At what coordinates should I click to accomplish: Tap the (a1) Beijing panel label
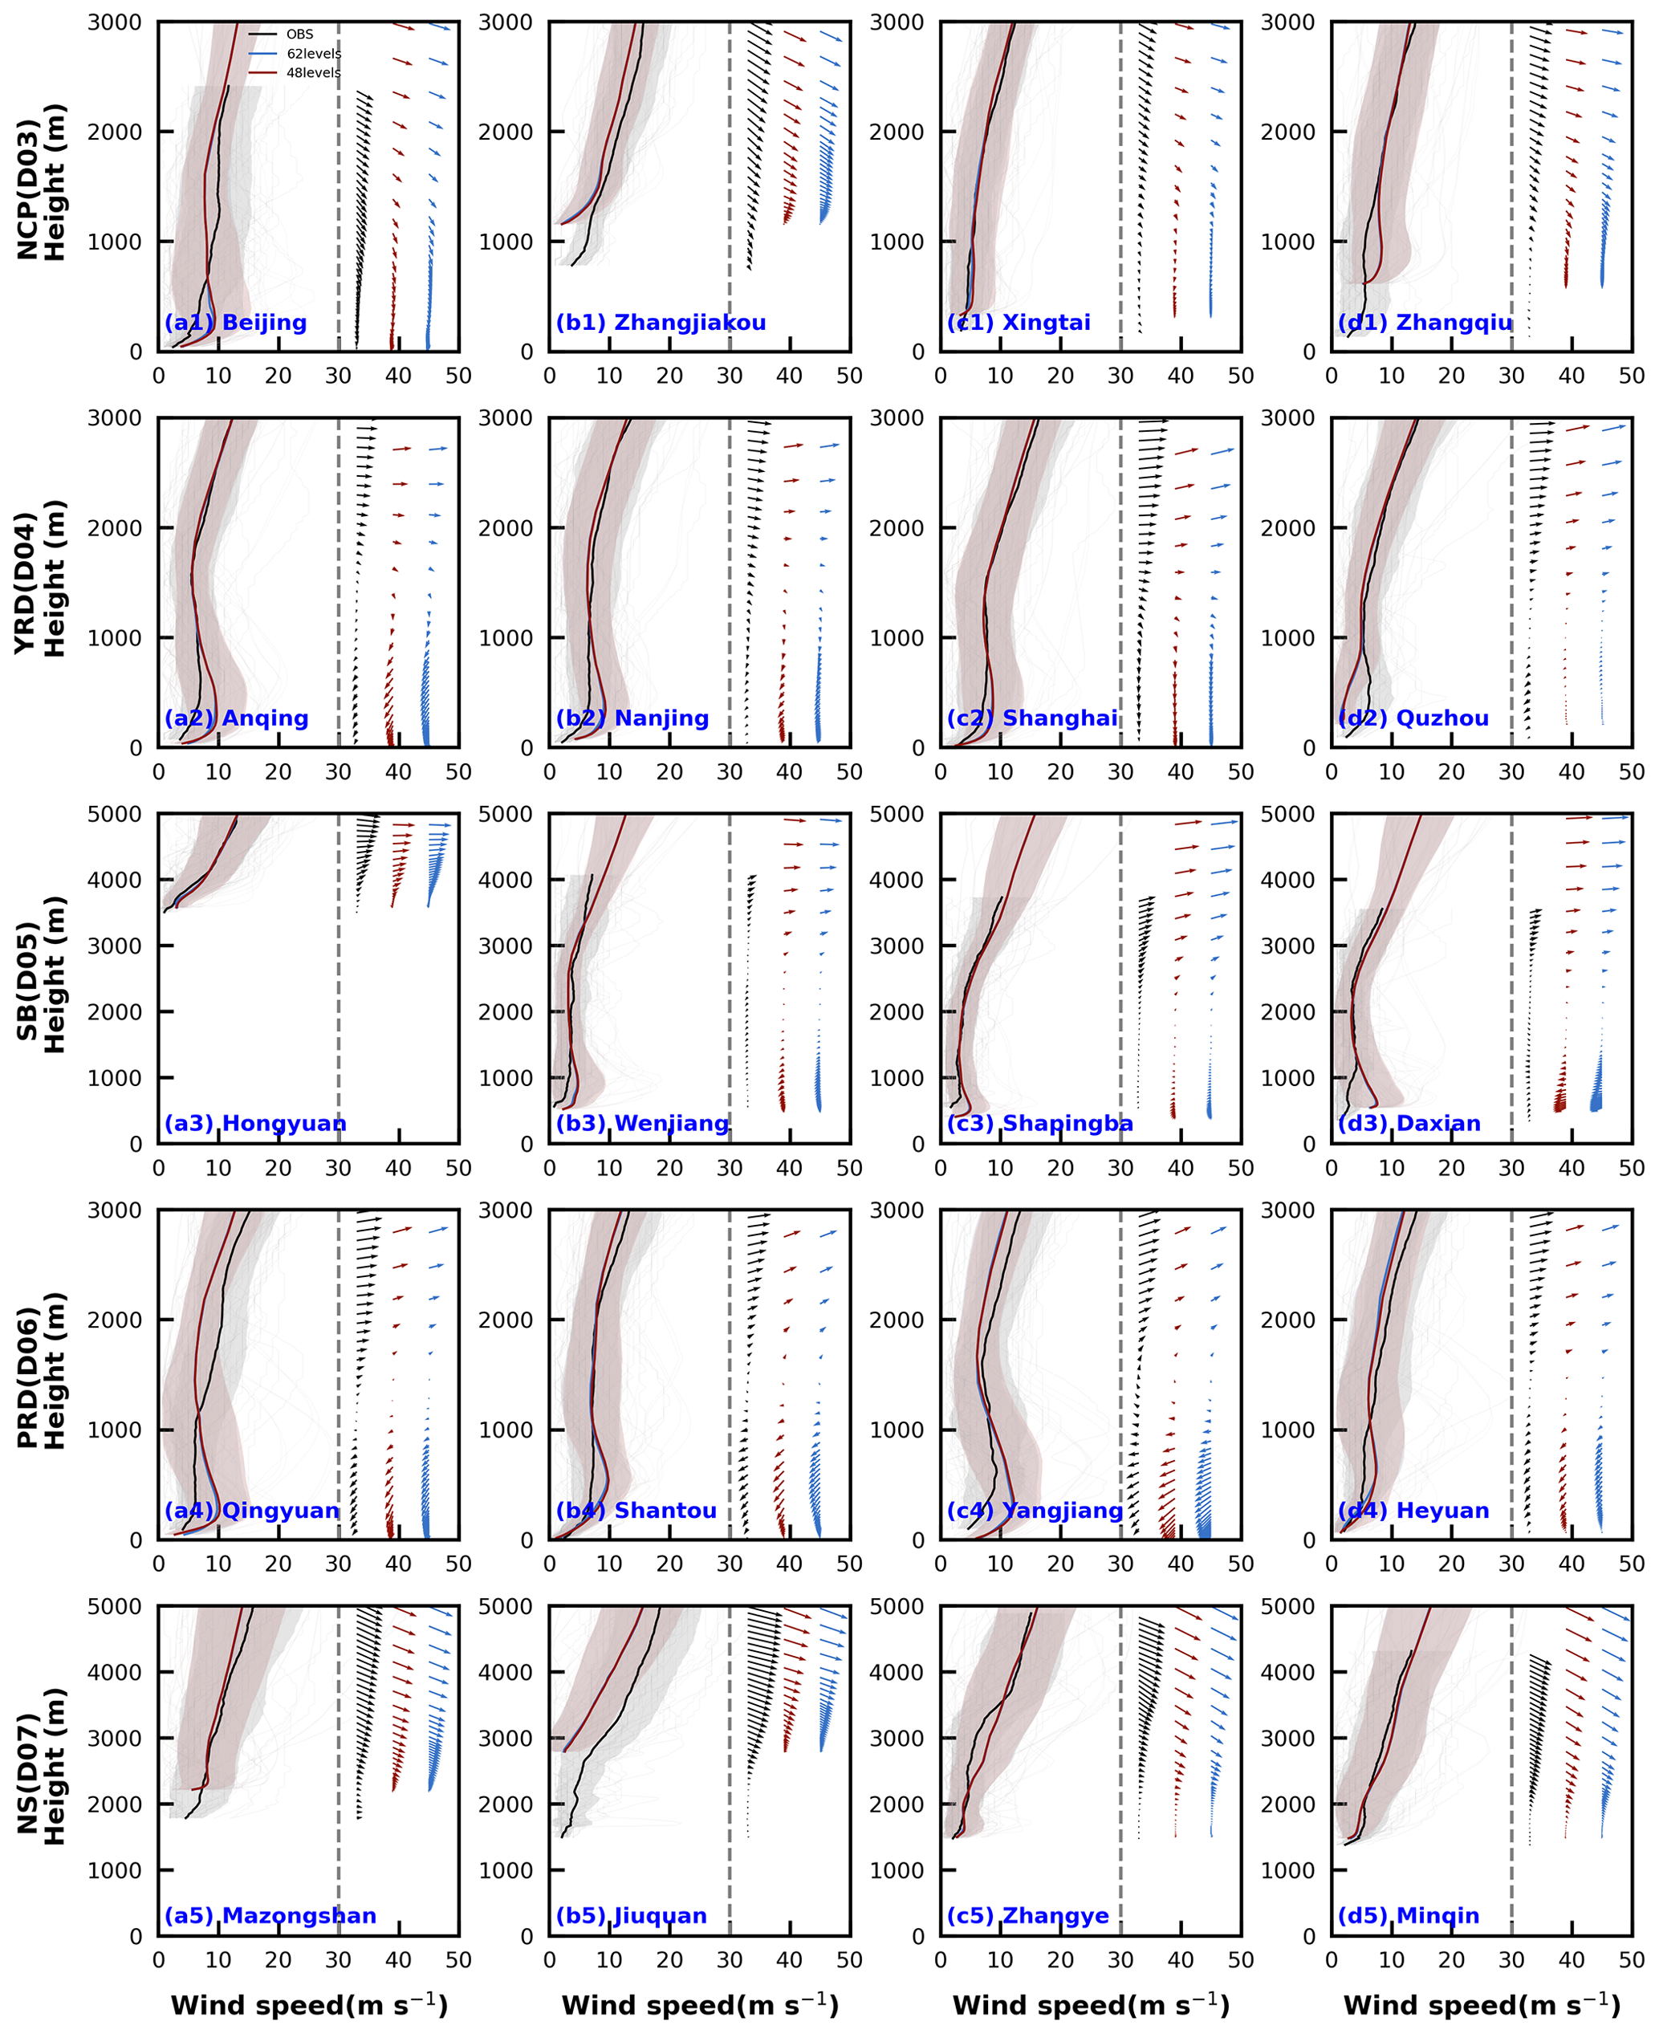tap(236, 322)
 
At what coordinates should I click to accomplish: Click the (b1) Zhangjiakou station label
tap(661, 322)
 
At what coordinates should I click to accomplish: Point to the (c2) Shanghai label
tap(1032, 718)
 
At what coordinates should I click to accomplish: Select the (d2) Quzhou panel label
tap(1413, 718)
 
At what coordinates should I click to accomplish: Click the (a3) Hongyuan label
tap(255, 1123)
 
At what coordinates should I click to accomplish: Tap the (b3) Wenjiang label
tap(642, 1123)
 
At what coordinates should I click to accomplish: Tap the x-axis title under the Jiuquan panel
tap(700, 2005)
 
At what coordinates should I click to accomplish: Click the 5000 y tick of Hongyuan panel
tap(115, 815)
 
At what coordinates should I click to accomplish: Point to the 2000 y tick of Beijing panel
tap(115, 132)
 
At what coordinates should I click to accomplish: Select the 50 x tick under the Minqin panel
tap(1631, 1959)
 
